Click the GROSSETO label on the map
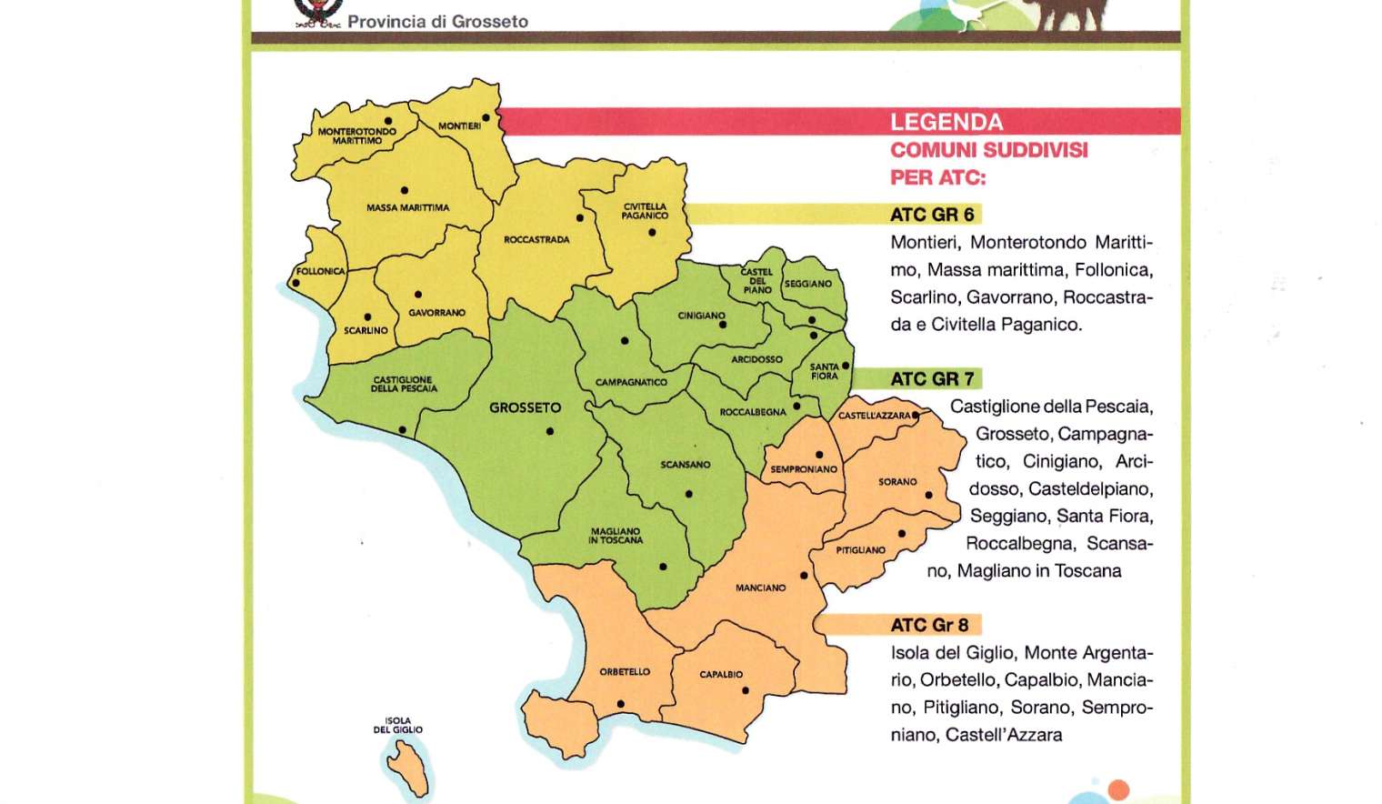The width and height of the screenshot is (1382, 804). [x=525, y=407]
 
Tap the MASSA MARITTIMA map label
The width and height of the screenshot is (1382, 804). [x=407, y=207]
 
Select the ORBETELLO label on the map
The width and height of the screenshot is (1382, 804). [x=625, y=672]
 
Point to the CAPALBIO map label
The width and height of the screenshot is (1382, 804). [x=721, y=675]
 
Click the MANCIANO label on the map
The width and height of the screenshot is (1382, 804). [x=760, y=588]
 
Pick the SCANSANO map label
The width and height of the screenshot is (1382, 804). [x=685, y=465]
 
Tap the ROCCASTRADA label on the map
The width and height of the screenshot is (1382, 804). [x=536, y=240]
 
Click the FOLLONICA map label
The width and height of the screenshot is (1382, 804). [x=320, y=271]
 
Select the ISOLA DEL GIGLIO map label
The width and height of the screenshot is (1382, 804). [x=397, y=725]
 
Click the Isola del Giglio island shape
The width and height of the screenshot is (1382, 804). [x=409, y=769]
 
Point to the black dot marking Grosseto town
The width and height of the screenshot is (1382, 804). [x=550, y=431]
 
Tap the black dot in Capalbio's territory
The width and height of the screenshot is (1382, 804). [x=746, y=690]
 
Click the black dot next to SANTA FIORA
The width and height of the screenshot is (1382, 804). [x=846, y=366]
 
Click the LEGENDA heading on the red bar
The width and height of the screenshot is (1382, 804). [x=946, y=122]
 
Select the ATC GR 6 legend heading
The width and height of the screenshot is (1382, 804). [x=932, y=215]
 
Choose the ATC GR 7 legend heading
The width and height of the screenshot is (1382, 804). [x=932, y=379]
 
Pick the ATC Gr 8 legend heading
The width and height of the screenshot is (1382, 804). [x=929, y=625]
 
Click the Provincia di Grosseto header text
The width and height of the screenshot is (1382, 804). [x=437, y=21]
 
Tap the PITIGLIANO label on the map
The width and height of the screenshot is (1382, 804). [x=860, y=550]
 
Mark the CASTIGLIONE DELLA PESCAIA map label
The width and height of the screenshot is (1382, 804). [x=404, y=385]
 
